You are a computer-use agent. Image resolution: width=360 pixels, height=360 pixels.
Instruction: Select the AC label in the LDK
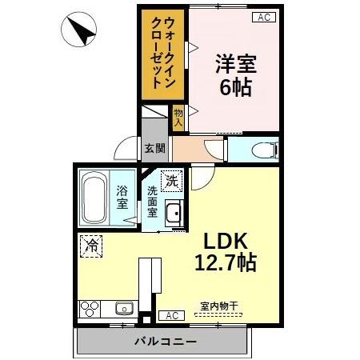[x=170, y=315]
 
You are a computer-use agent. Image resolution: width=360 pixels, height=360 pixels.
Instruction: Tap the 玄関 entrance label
[x=154, y=148]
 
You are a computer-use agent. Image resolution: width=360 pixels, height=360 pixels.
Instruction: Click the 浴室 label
[x=122, y=197]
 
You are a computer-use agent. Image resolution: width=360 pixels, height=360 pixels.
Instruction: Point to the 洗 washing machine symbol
[x=171, y=182]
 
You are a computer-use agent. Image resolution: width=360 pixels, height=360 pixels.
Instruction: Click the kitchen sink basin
[x=124, y=309]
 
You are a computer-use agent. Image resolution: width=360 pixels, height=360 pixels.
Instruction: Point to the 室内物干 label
[x=218, y=306]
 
